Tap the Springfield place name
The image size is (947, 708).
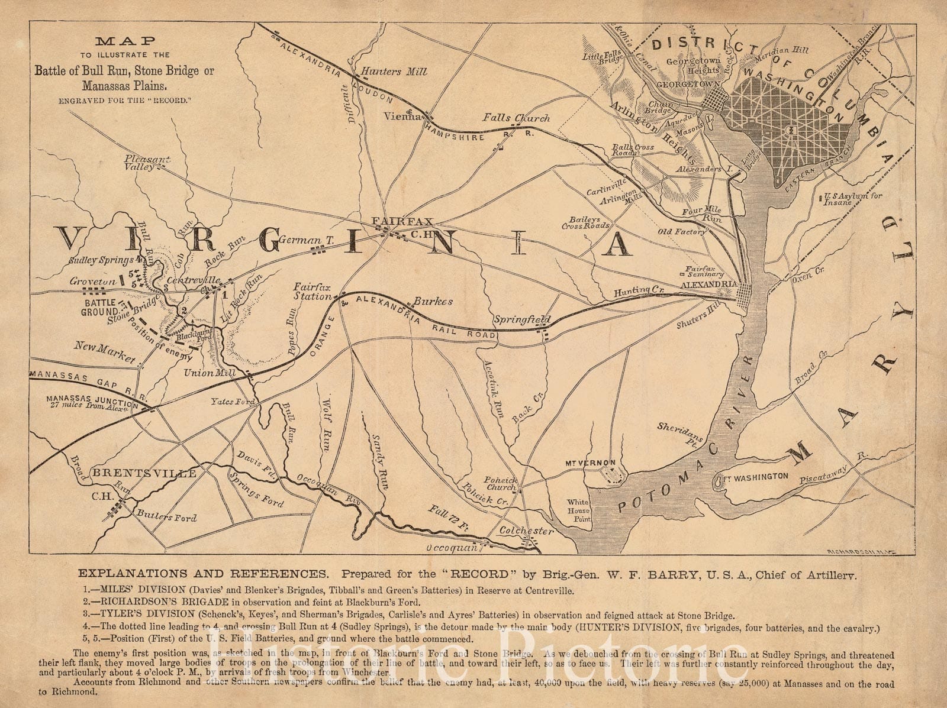click(523, 320)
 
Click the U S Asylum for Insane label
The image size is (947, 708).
click(847, 198)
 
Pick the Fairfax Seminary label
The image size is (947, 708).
click(704, 270)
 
